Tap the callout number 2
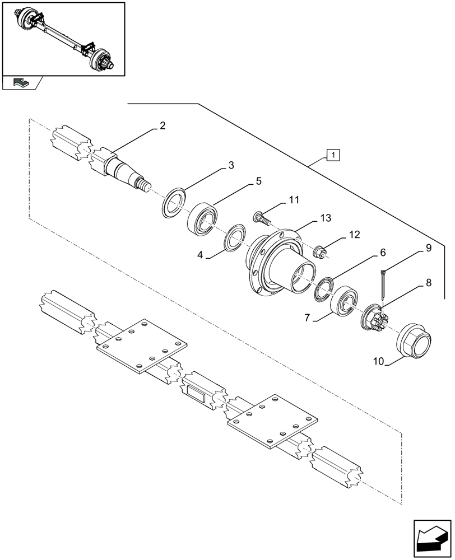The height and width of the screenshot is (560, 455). tap(162, 126)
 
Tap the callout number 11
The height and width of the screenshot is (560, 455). tap(294, 200)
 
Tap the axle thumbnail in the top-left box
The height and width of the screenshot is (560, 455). tap(63, 38)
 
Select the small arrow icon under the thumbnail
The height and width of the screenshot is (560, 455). tap(22, 83)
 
